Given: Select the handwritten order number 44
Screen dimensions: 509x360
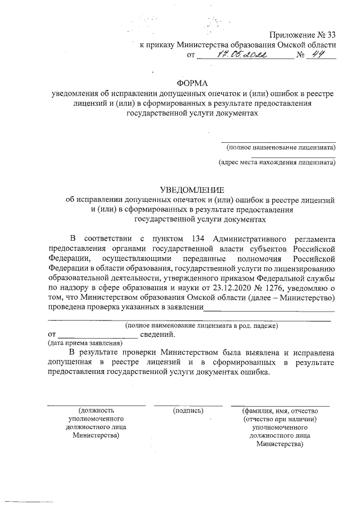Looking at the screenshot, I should click(x=321, y=55).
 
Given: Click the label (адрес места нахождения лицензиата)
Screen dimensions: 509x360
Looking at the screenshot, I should click(x=277, y=163).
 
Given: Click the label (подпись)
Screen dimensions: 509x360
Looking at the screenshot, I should click(x=188, y=411).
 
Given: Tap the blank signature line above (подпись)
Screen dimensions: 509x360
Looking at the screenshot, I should click(x=188, y=404).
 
